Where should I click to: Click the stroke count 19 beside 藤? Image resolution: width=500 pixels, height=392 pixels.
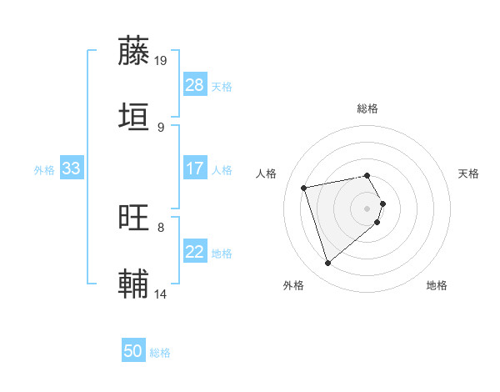coord(161,60)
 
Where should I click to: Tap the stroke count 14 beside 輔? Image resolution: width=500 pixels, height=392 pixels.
coord(161,293)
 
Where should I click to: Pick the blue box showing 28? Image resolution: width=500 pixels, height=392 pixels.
coord(194,85)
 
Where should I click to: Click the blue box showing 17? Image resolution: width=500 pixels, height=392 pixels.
coord(194,168)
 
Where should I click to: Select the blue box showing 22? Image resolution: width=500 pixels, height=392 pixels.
coord(194,252)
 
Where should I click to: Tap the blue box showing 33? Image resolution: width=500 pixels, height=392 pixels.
coord(71,168)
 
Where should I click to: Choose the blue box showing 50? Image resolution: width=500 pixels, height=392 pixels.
coord(133,351)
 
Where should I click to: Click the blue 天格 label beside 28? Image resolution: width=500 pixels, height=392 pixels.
coord(222,87)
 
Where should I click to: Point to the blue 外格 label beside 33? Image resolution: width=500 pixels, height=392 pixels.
coord(44,170)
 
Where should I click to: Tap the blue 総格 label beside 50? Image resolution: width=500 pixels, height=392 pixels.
coord(160,353)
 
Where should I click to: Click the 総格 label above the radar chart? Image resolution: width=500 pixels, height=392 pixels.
coord(367,108)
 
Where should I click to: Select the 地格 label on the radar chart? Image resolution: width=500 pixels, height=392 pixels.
coord(437,285)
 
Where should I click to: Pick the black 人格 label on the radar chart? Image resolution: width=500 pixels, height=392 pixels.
coord(266,173)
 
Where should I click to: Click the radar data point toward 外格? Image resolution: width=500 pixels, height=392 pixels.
coord(327,264)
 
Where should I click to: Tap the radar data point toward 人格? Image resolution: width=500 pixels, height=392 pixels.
coord(304,187)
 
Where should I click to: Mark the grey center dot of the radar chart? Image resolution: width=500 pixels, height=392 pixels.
coord(367,208)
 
